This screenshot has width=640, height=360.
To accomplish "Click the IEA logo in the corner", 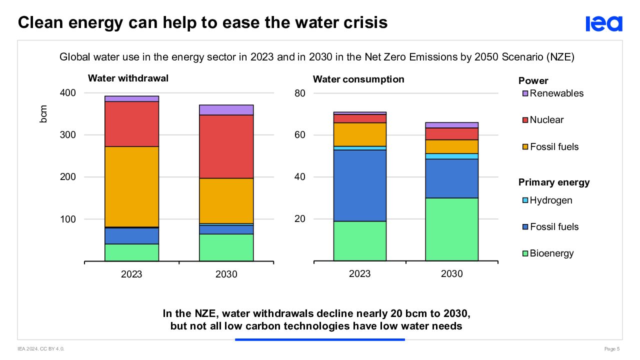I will click(604, 23).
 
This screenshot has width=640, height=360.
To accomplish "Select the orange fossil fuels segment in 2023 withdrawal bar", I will click(131, 186).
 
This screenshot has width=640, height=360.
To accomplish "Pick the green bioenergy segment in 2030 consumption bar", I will click(451, 229).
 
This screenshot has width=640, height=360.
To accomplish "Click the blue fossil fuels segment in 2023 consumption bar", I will click(359, 185).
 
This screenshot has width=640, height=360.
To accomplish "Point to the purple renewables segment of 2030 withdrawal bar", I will click(226, 110).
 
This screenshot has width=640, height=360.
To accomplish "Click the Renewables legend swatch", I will click(525, 93).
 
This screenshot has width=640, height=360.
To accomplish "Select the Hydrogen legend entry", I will click(550, 200).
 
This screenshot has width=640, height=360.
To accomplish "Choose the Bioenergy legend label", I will click(551, 253).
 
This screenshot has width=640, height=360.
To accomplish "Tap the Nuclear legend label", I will click(546, 120).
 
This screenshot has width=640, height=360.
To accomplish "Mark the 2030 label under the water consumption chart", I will click(451, 274).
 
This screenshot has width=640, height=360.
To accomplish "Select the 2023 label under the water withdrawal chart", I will click(131, 274).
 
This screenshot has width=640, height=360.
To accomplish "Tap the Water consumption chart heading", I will click(358, 79).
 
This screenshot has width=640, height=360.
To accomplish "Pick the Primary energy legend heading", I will click(554, 182).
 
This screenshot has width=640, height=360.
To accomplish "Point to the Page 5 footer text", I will click(612, 348).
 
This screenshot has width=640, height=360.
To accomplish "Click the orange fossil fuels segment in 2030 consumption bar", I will click(451, 146).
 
